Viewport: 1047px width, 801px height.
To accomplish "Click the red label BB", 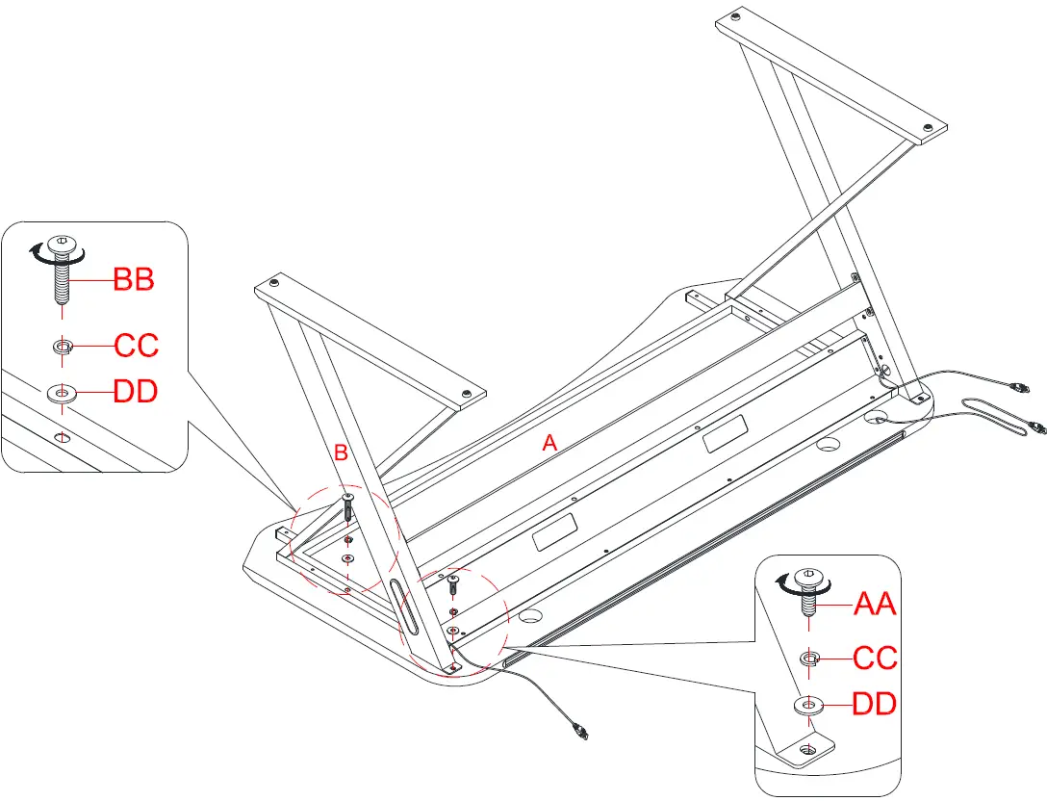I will pyautogui.click(x=134, y=280).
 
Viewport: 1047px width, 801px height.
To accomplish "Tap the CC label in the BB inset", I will pyautogui.click(x=136, y=345).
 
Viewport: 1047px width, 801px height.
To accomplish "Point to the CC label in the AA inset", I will pyautogui.click(x=876, y=659).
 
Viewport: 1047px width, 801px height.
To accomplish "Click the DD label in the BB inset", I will pyautogui.click(x=136, y=392).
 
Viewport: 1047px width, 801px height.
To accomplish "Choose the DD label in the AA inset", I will pyautogui.click(x=875, y=705).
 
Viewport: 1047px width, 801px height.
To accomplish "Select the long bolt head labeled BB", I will pyautogui.click(x=63, y=244).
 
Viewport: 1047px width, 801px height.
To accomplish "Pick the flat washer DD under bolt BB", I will pyautogui.click(x=64, y=393).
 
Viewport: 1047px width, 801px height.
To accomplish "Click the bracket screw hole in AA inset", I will pyautogui.click(x=808, y=748).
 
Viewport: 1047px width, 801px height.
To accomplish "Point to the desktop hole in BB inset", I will pyautogui.click(x=63, y=438).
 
